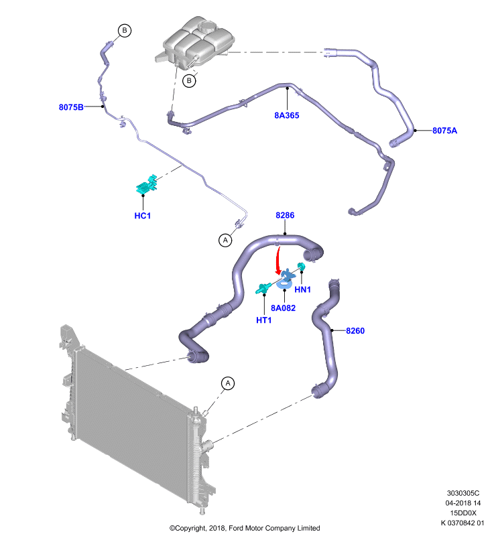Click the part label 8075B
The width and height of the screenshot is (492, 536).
pos(71,107)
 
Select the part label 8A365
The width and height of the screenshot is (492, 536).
pos(286,115)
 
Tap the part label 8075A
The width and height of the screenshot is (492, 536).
pos(444,130)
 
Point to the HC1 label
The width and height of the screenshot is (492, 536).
pos(143,215)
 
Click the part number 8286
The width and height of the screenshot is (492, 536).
pos(285,215)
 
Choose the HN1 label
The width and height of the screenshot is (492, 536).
pos(302,289)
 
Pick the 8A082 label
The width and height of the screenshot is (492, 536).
pos(283,308)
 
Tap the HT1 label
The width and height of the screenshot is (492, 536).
pos(263,320)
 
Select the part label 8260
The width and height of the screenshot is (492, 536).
pos(355,330)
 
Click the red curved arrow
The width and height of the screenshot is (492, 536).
pos(278,261)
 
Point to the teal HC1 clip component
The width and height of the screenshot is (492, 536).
pos(147,186)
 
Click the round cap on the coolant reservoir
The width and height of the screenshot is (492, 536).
pos(208,26)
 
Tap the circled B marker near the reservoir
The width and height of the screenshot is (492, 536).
pos(189,81)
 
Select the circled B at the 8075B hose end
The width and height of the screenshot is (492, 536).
pos(125,30)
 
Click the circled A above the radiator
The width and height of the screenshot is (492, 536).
pos(228,383)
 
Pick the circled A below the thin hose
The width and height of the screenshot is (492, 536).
pos(225,240)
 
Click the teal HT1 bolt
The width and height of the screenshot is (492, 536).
pos(263,289)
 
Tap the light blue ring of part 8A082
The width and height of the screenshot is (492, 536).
pos(284,283)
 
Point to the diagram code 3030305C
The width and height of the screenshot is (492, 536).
pos(463,493)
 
